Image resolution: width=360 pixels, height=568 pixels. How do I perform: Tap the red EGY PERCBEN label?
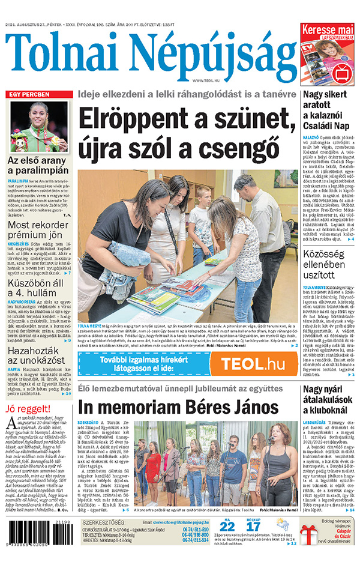click(x=28, y=95)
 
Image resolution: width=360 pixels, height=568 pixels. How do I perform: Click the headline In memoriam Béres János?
click(x=178, y=407)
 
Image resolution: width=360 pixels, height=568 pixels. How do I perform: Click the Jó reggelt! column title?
click(x=28, y=409)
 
